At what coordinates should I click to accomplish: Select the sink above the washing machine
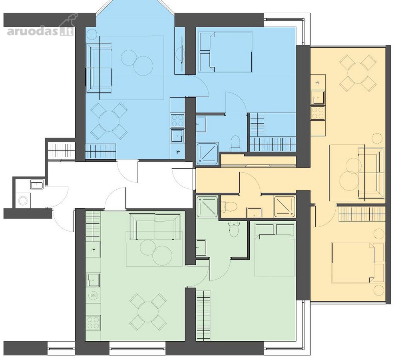tap(37, 184)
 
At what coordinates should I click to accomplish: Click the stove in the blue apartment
tap(177, 120)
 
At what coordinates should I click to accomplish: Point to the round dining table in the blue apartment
tap(109, 121)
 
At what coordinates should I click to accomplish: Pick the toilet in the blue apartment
tap(235, 143)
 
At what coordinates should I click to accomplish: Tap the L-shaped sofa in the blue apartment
tap(98, 68)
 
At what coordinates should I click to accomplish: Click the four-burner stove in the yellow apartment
tap(318, 112)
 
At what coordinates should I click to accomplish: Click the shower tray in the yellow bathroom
tap(285, 207)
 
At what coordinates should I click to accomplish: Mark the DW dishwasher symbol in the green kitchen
tap(93, 295)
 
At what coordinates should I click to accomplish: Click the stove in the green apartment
tap(93, 323)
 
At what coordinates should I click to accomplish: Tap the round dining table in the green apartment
tap(148, 312)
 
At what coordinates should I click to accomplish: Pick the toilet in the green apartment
tap(234, 229)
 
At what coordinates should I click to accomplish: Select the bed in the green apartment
tap(275, 255)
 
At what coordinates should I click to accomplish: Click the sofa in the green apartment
tap(155, 226)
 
